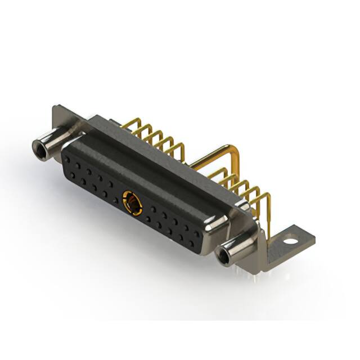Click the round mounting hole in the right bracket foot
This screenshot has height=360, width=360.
[x=290, y=240]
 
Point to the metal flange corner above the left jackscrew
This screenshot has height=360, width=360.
[x=59, y=112]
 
